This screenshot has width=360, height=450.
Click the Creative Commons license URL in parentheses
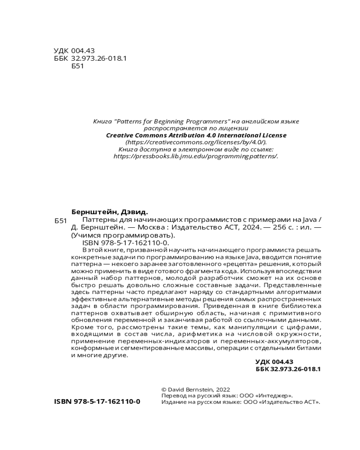click(x=196, y=142)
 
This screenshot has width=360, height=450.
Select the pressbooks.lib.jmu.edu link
click(x=196, y=156)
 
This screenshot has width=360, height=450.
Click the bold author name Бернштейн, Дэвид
click(x=110, y=212)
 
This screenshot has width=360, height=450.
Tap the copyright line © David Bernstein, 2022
click(x=195, y=389)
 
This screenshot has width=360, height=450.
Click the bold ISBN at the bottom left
click(x=97, y=401)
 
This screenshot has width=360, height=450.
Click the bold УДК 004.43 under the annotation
click(x=274, y=361)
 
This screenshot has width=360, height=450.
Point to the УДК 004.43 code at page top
click(x=74, y=50)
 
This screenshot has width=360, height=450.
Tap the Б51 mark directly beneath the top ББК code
click(x=78, y=66)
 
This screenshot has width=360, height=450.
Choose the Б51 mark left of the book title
click(x=60, y=221)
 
